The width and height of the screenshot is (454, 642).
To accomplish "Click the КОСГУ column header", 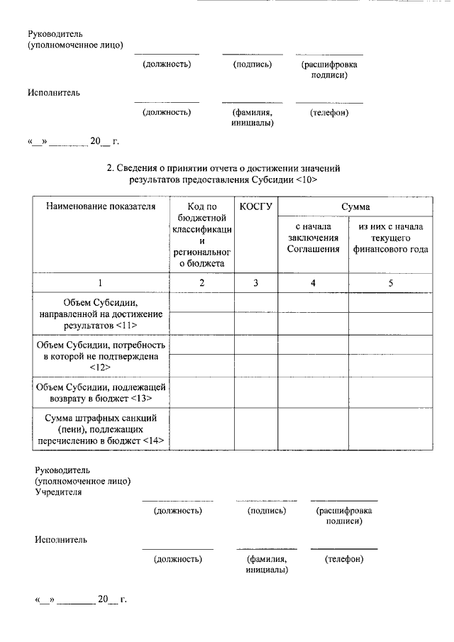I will pos(256,206).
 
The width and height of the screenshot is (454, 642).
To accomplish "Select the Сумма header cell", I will pos(355,206).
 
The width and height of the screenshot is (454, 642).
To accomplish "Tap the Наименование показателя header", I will pos(100,206).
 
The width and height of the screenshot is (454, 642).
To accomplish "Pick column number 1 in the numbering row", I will pos(100,282).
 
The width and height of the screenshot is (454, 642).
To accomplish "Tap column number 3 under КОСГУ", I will pos(256,282).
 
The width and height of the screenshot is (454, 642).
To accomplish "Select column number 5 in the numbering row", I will pos(390,282).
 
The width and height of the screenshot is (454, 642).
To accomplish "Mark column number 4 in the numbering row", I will pos(313,282).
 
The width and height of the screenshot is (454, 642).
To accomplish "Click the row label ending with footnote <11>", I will pos(100,314).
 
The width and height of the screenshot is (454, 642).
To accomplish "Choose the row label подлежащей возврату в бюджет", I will pos(100,392).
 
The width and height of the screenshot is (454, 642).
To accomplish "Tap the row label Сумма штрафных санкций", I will pos(100,428).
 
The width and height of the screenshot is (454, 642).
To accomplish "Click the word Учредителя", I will pos(59,491).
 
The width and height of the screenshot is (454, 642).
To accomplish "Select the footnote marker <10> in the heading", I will pos(304,179).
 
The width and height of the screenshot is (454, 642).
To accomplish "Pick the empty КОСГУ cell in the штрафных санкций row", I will pos(256,428).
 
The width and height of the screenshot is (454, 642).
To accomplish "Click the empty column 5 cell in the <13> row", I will pos(390,392).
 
